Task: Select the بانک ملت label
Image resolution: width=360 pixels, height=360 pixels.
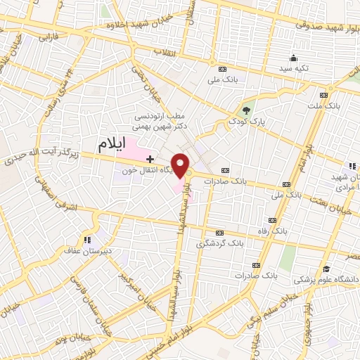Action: (323, 106)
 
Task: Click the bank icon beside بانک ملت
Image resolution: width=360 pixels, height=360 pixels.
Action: (323, 95)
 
